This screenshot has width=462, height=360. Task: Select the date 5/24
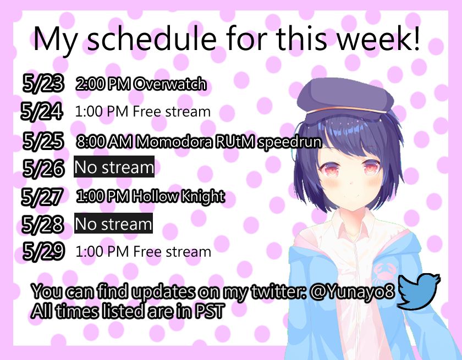[x=41, y=112]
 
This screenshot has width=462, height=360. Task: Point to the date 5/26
[x=43, y=168]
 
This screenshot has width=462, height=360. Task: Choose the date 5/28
[x=42, y=224]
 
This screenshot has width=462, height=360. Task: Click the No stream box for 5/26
[x=114, y=167]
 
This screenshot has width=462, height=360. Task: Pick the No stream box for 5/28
[x=113, y=224]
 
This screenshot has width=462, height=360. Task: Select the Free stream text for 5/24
[x=172, y=112]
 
